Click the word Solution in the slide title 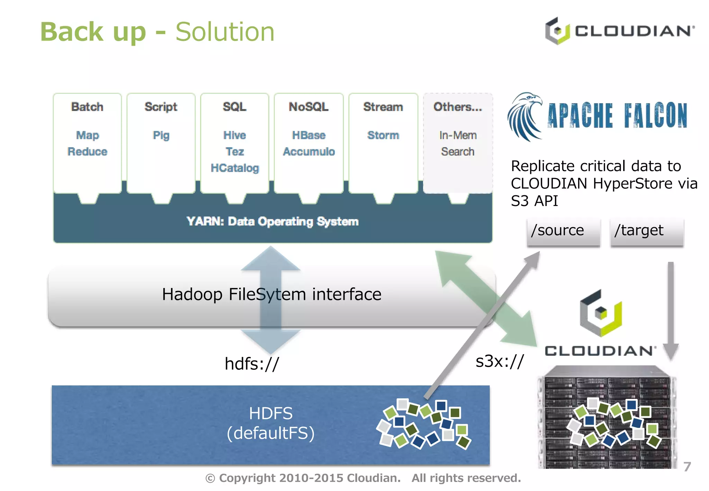coord(225,32)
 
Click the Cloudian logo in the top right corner coord(619,31)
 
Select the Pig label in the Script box coord(161,135)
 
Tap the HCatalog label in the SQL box coord(235,168)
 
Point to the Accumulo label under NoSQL coord(309,151)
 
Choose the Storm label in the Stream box coord(383,135)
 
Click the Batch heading coord(87,107)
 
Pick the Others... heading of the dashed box coord(457,107)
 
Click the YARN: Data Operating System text coord(272,221)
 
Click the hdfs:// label coord(252,364)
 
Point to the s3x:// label coord(500,361)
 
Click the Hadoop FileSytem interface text coord(272,295)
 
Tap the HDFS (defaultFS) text coord(271,423)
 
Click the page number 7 coord(687,467)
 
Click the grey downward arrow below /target coord(671,312)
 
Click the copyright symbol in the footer coord(210,479)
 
